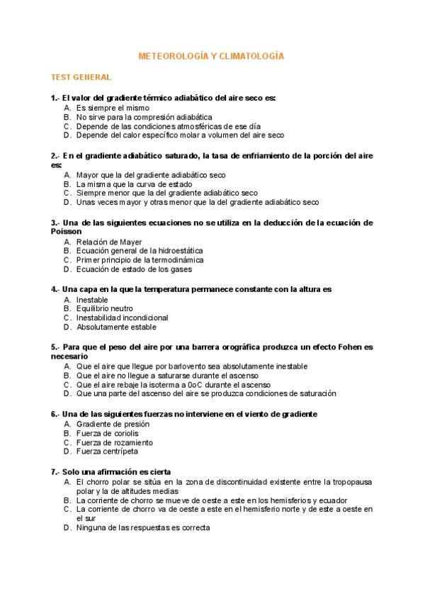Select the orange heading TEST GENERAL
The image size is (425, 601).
(81, 77)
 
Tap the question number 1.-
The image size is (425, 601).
(55, 98)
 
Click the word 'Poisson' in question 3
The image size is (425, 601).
(67, 231)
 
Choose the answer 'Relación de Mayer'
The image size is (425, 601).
(109, 242)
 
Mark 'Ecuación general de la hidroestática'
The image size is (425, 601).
(140, 251)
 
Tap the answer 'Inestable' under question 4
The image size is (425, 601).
(92, 300)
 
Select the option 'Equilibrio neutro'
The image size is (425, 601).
(105, 309)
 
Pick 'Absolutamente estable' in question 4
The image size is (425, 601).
(115, 327)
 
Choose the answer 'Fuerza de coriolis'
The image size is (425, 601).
(108, 433)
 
